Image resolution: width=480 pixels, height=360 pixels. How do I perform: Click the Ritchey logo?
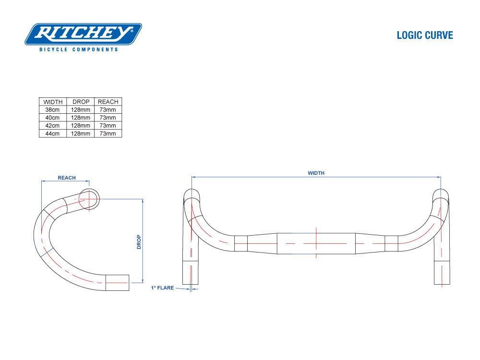click(83, 34)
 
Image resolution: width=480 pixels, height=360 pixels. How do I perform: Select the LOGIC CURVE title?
click(425, 36)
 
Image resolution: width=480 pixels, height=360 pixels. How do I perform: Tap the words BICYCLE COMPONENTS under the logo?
click(79, 49)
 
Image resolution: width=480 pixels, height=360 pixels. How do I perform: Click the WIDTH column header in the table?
click(53, 102)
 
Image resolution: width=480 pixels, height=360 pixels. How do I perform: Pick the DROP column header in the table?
click(81, 102)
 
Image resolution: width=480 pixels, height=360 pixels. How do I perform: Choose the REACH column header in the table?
click(108, 102)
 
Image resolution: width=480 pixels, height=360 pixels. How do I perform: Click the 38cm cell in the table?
click(53, 109)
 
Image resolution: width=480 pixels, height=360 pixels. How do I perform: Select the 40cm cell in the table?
click(53, 118)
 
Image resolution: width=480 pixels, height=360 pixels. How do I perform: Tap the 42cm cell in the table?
click(53, 126)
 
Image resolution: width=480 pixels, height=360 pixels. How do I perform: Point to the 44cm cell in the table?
click(53, 133)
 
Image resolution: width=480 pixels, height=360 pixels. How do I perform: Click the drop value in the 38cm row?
click(81, 109)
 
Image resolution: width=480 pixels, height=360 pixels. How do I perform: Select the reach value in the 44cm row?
click(108, 133)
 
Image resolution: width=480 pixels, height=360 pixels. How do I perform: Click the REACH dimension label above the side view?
click(67, 178)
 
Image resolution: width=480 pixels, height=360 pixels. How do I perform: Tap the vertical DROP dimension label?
click(139, 241)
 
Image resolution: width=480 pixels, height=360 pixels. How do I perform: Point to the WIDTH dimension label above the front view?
click(316, 173)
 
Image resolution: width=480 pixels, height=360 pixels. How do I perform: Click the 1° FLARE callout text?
click(162, 288)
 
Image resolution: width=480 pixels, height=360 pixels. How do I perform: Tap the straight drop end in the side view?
click(118, 283)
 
